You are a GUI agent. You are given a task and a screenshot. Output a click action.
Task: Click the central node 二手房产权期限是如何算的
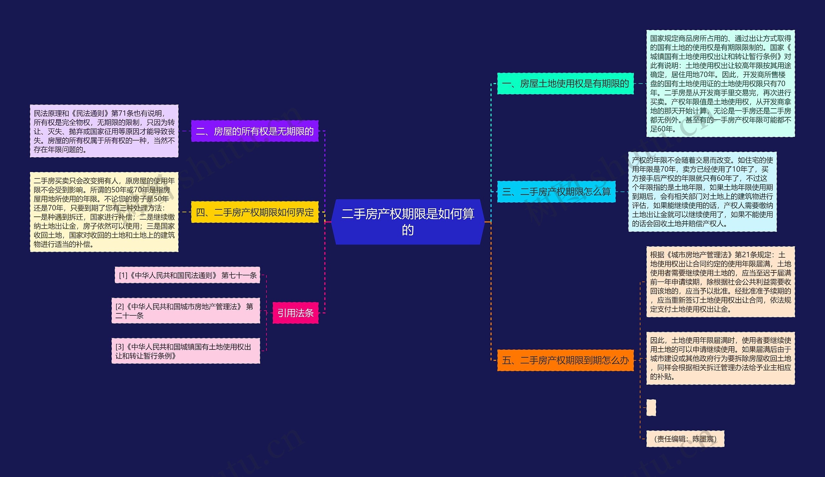point(408,222)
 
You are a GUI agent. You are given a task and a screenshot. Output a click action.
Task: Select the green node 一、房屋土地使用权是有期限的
point(565,84)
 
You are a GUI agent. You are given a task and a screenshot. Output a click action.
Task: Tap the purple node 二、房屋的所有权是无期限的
point(255,131)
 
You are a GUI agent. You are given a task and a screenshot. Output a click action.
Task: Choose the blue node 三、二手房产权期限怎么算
point(556,192)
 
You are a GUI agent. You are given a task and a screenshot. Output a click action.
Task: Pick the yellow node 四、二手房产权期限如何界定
point(255,212)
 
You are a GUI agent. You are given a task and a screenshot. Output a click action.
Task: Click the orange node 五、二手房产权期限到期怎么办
point(565,360)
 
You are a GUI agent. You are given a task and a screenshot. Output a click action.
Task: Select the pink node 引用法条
point(295,313)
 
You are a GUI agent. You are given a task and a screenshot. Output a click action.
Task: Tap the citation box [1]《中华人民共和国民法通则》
point(187,275)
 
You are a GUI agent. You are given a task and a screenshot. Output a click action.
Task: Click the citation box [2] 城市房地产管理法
point(186,311)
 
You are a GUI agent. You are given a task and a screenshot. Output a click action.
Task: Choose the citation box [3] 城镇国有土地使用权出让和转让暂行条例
point(186,351)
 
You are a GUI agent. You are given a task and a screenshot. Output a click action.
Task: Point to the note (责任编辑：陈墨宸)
point(685,439)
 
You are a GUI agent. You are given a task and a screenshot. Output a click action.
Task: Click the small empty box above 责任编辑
point(651,408)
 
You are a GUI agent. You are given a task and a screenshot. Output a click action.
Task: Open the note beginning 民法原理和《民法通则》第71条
point(104,131)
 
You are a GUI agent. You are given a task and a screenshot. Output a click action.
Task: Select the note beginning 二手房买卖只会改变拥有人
point(104,212)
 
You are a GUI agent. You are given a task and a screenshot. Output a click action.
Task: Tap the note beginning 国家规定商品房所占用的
point(720,84)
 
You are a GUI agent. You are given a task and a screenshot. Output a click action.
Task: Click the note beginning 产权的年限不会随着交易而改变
point(702,192)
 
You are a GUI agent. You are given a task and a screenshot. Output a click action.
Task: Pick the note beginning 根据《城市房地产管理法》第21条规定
point(720,282)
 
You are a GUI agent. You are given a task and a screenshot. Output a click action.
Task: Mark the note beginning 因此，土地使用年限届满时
point(720,358)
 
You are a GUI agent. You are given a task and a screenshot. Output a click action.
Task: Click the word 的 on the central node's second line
point(408,230)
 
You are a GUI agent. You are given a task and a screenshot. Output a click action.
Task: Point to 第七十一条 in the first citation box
point(239,275)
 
